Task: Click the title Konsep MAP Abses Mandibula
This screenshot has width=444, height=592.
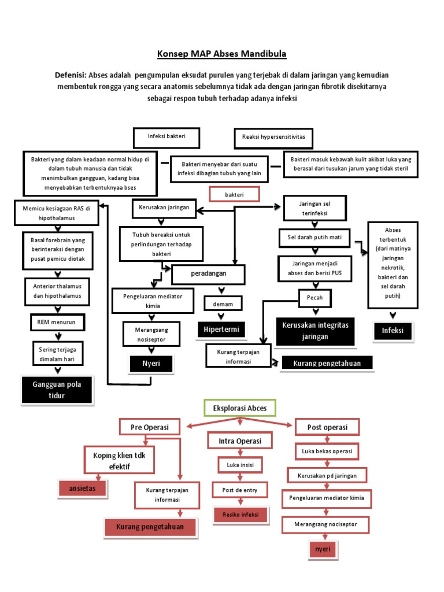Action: [222, 54]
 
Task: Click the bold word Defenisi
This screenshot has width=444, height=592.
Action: [71, 76]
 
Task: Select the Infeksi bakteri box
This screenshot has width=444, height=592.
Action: [166, 138]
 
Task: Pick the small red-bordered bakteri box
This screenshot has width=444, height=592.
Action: [234, 195]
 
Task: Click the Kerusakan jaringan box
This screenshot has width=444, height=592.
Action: [164, 208]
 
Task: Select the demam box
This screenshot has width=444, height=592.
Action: [222, 304]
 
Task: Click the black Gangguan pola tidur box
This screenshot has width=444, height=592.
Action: [57, 390]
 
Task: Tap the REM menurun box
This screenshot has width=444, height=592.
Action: [57, 321]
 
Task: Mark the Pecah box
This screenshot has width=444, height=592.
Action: [314, 298]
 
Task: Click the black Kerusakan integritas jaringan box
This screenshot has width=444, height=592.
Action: [315, 331]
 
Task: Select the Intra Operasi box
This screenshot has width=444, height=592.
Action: [240, 441]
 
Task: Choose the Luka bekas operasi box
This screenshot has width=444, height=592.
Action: [327, 450]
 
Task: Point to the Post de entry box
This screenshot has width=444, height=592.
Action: [240, 490]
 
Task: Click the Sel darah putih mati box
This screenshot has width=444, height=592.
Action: [315, 238]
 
